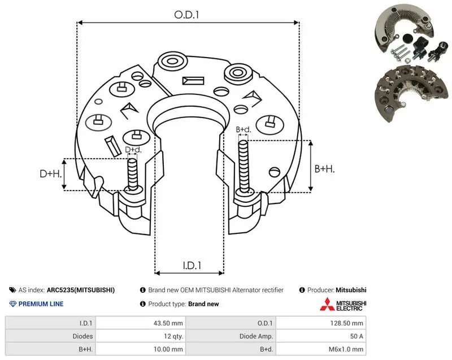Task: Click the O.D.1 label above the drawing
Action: click(186, 15)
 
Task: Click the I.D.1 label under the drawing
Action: click(192, 265)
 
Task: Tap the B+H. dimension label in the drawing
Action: click(324, 168)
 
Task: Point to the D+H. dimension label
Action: click(51, 174)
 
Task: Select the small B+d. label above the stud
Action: click(244, 129)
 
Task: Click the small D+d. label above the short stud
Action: click(133, 150)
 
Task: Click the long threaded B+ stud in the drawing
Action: click(244, 167)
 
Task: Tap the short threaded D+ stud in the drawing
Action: click(133, 175)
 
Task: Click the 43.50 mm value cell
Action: click(168, 323)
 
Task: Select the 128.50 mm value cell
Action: click(346, 323)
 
